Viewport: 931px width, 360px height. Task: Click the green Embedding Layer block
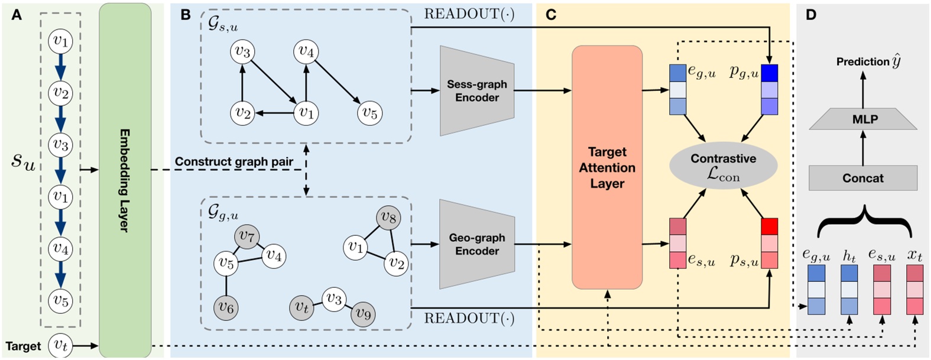pyautogui.click(x=125, y=180)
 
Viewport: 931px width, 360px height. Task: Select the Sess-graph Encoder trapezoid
pyautogui.click(x=476, y=90)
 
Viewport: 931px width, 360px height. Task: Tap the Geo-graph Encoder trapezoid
pyautogui.click(x=476, y=244)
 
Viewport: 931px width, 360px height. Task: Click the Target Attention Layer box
pyautogui.click(x=606, y=168)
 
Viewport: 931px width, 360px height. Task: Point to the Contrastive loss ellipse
pyautogui.click(x=723, y=167)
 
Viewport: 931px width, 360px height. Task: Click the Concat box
pyautogui.click(x=862, y=178)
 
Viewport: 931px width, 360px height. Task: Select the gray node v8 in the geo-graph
pyautogui.click(x=388, y=218)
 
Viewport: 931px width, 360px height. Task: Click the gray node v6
pyautogui.click(x=226, y=307)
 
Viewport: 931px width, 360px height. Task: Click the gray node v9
pyautogui.click(x=364, y=314)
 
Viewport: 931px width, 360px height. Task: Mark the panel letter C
pyautogui.click(x=551, y=15)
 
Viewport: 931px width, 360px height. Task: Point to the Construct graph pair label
pyautogui.click(x=234, y=161)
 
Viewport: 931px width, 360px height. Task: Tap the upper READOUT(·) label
pyautogui.click(x=469, y=14)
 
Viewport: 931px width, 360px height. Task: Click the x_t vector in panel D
pyautogui.click(x=914, y=290)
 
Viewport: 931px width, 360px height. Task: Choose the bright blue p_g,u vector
pyautogui.click(x=769, y=89)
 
